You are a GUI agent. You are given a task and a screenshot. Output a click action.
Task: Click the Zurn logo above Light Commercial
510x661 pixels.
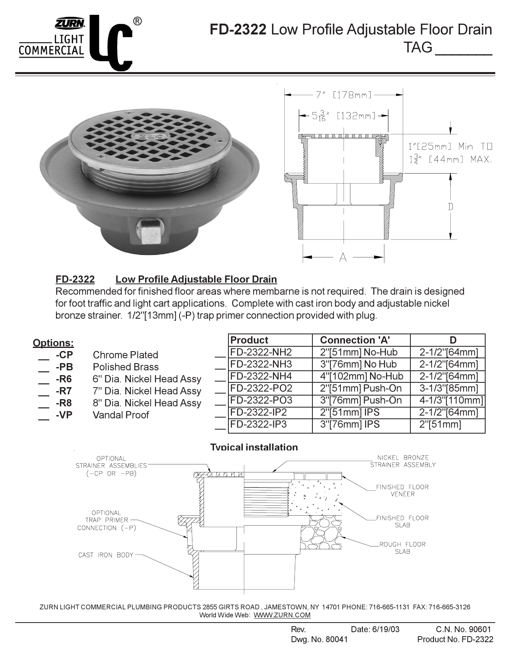pyautogui.click(x=70, y=24)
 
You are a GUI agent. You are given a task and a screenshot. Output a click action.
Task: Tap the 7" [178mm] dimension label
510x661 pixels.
pyautogui.click(x=344, y=95)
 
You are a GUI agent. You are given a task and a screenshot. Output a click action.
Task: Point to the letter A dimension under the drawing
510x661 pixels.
pyautogui.click(x=343, y=257)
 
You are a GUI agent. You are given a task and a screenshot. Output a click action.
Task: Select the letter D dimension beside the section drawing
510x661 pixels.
pyautogui.click(x=450, y=207)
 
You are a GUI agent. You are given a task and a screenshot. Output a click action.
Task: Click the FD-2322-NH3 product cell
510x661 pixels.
pyautogui.click(x=261, y=364)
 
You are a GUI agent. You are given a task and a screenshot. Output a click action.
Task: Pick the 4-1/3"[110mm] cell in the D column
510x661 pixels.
pyautogui.click(x=451, y=400)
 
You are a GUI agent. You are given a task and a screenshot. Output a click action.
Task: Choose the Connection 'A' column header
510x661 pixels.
pyautogui.click(x=355, y=340)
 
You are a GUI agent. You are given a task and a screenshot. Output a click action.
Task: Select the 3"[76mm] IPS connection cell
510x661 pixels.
pyautogui.click(x=350, y=424)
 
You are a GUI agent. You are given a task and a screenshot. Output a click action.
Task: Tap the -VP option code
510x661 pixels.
pyautogui.click(x=64, y=415)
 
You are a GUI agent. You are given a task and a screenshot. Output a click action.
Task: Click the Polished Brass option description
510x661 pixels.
pyautogui.click(x=126, y=367)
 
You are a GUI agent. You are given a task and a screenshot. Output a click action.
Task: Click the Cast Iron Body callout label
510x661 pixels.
pyautogui.click(x=106, y=555)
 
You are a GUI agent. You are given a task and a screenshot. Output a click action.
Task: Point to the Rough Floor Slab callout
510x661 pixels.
pyautogui.click(x=402, y=548)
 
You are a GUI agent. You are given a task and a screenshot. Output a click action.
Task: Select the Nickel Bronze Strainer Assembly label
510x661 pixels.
pyautogui.click(x=402, y=461)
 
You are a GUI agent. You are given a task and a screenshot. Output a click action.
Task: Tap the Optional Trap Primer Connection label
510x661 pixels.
pyautogui.click(x=106, y=520)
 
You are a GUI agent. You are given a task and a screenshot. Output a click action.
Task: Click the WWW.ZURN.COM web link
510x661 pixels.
pyautogui.click(x=282, y=615)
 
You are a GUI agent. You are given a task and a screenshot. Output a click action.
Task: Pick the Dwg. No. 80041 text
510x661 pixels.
pyautogui.click(x=319, y=639)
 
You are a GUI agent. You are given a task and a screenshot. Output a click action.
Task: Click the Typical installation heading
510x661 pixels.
pyautogui.click(x=254, y=447)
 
